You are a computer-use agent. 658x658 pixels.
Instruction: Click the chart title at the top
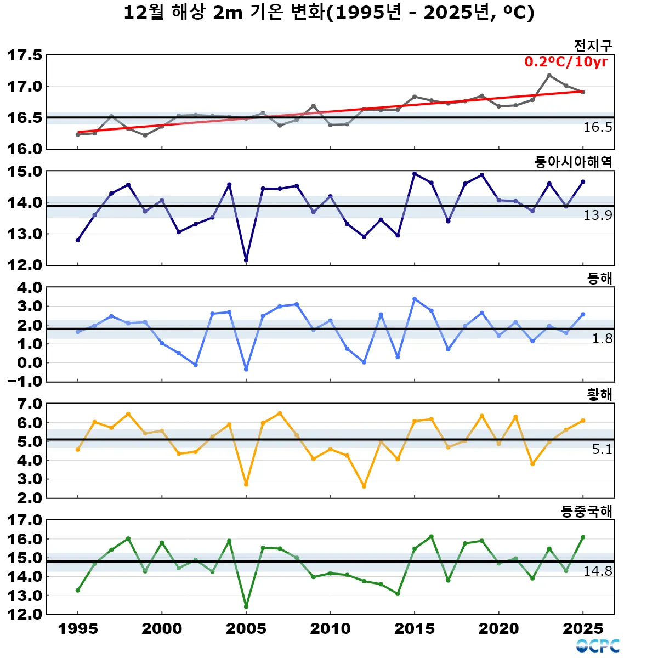pyautogui.click(x=328, y=13)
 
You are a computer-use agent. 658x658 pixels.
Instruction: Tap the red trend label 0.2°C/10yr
pyautogui.click(x=566, y=61)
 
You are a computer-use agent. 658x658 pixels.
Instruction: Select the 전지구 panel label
pyautogui.click(x=593, y=46)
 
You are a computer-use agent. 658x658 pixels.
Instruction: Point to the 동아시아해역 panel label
pyautogui.click(x=573, y=162)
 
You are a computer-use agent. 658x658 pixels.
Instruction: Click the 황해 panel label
pyautogui.click(x=599, y=395)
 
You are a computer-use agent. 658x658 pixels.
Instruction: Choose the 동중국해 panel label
pyautogui.click(x=586, y=511)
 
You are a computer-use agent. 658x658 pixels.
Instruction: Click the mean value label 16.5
pyautogui.click(x=597, y=127)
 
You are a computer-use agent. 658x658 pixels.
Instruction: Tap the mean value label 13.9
pyautogui.click(x=597, y=215)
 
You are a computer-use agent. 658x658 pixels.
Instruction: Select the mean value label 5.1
pyautogui.click(x=602, y=450)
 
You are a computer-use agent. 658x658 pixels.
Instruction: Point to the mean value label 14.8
pyautogui.click(x=597, y=571)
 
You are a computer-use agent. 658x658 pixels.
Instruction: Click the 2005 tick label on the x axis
pyautogui.click(x=246, y=629)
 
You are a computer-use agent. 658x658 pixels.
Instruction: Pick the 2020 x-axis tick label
pyautogui.click(x=498, y=629)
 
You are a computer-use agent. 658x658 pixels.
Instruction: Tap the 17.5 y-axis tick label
pyautogui.click(x=24, y=55)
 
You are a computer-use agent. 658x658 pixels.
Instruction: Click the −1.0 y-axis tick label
pyautogui.click(x=24, y=382)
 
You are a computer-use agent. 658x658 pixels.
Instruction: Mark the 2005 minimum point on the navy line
pyautogui.click(x=246, y=260)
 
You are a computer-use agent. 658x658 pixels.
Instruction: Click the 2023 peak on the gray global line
pyautogui.click(x=549, y=76)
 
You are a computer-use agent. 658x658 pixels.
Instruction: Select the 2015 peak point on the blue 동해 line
pyautogui.click(x=415, y=299)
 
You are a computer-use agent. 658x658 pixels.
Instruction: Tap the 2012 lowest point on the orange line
pyautogui.click(x=364, y=486)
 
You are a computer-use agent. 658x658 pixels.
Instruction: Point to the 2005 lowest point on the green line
pyautogui.click(x=246, y=606)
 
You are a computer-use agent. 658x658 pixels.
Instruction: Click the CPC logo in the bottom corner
pyautogui.click(x=598, y=646)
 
